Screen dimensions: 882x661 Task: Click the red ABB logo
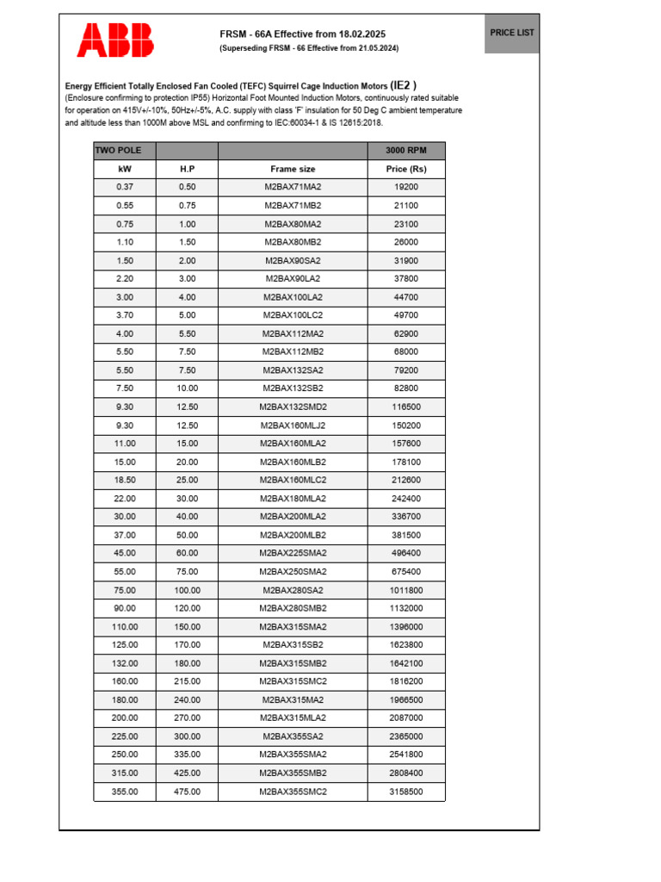point(116,40)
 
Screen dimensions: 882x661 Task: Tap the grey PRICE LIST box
point(511,33)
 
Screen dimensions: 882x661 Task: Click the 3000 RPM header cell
point(406,151)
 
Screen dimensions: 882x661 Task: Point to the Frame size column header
point(293,169)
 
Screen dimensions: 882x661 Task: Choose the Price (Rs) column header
point(406,169)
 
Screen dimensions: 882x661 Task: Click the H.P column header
point(187,169)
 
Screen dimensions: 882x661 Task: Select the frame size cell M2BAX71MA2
point(293,187)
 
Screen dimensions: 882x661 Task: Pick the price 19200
point(406,187)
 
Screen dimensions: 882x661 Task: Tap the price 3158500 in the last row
point(406,792)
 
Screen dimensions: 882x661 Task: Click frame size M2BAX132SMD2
point(293,407)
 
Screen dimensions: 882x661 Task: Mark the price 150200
point(406,425)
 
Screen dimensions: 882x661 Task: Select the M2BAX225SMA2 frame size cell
point(293,553)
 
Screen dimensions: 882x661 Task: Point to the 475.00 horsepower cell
point(187,792)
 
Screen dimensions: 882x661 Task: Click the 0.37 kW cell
point(125,187)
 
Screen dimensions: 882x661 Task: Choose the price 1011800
point(406,590)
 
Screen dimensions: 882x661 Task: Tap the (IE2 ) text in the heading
point(404,85)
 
